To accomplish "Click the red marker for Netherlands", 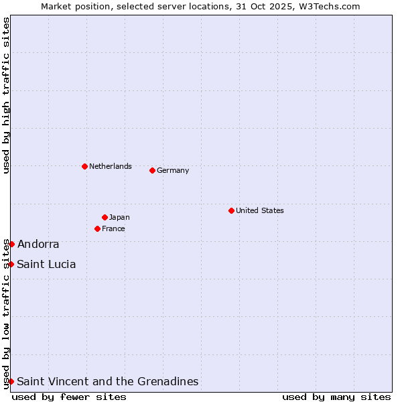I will click(x=84, y=166).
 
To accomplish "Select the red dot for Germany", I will click(x=152, y=170).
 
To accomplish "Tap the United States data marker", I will click(x=231, y=210).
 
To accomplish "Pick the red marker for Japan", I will click(x=105, y=217).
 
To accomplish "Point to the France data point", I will click(x=97, y=228).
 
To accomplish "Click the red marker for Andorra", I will click(x=11, y=244).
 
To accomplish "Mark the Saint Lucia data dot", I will click(x=11, y=264).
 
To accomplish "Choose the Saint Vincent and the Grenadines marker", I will click(x=11, y=381).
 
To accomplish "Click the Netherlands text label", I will click(x=111, y=166).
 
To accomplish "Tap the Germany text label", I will click(x=173, y=170).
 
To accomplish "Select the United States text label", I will click(x=260, y=210).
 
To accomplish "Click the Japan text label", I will click(x=119, y=217).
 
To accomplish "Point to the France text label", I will click(x=113, y=228).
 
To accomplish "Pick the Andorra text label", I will click(x=38, y=244).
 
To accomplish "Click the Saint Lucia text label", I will click(x=46, y=264).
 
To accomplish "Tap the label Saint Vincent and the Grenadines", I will click(x=108, y=381).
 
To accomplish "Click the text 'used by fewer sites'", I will click(x=69, y=397).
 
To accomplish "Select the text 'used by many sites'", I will click(x=336, y=397).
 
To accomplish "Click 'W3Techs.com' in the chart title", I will click(x=328, y=6).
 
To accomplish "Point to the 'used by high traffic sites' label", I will click(x=6, y=96).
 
